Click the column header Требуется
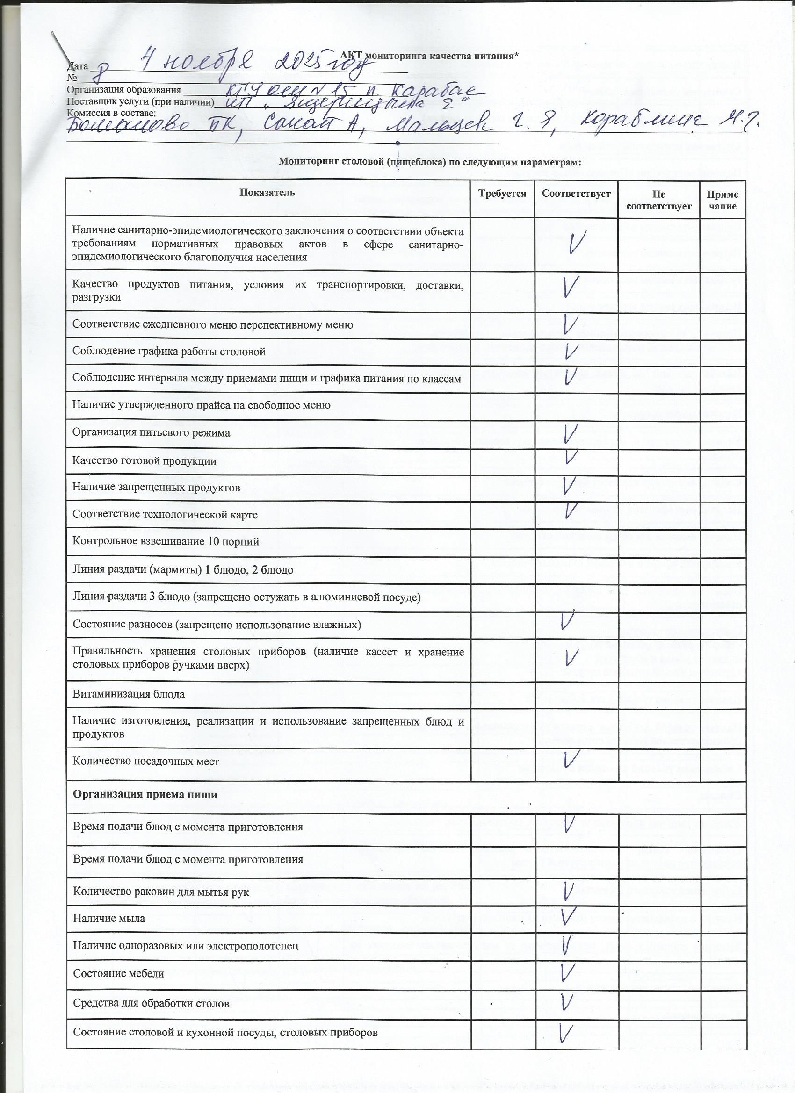click(x=502, y=194)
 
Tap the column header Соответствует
click(x=576, y=194)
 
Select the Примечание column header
click(x=722, y=200)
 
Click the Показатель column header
click(x=267, y=193)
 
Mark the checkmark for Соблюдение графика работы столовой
click(x=571, y=352)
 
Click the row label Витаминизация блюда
click(x=129, y=694)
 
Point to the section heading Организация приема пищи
click(x=145, y=795)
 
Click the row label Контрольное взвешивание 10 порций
click(x=166, y=541)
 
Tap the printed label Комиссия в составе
click(x=111, y=113)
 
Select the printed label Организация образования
click(x=124, y=90)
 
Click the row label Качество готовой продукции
click(x=145, y=461)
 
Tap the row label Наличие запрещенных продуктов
click(x=156, y=487)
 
